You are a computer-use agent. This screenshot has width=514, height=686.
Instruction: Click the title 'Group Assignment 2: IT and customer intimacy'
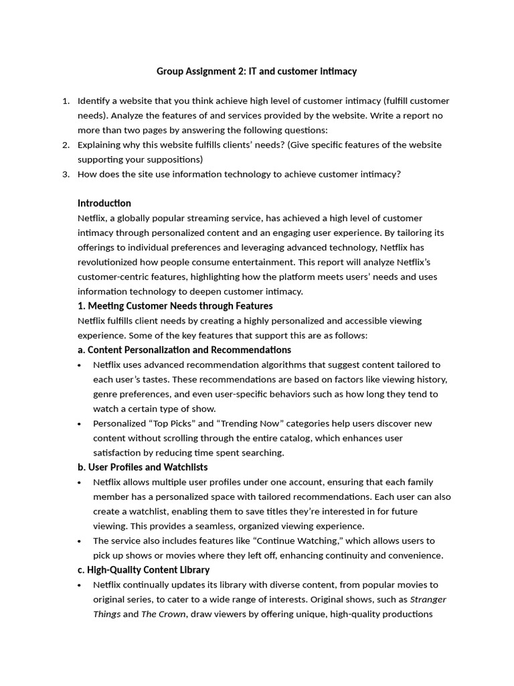point(257,71)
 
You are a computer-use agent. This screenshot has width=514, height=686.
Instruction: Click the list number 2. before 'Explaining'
point(66,145)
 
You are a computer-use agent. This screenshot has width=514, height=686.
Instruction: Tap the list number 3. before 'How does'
point(66,174)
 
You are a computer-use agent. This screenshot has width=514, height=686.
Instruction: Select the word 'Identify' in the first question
point(94,101)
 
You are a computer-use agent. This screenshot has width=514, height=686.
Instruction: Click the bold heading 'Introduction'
point(104,203)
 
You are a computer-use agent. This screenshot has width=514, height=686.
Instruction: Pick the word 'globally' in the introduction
point(136,218)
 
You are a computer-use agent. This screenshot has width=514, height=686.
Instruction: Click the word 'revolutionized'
point(109,262)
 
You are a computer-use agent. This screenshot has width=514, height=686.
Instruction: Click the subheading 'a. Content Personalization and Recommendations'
point(184,350)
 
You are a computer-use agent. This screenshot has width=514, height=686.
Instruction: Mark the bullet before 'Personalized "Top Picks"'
point(80,424)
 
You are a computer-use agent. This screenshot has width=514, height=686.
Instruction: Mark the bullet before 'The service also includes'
point(80,541)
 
